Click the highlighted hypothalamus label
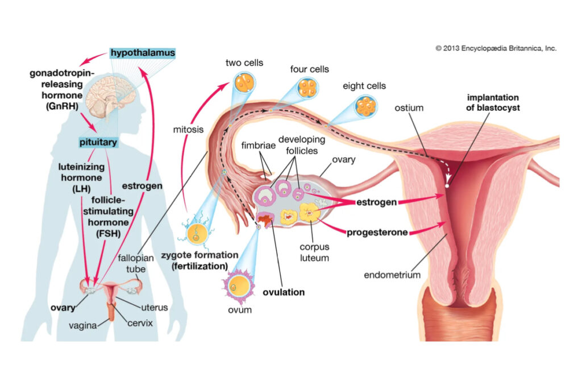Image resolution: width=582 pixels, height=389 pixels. point(143,53)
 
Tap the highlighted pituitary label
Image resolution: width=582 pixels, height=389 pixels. point(98,142)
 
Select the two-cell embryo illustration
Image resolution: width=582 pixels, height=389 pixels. point(244,83)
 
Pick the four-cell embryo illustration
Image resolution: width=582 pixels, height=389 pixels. point(307,88)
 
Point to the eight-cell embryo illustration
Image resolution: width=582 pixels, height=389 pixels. point(366,106)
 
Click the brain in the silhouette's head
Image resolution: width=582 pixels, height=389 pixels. point(110,97)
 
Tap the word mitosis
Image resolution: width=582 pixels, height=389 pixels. point(188,130)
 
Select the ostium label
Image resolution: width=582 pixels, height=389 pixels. point(409,107)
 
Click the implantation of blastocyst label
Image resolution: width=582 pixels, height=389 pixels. point(493,102)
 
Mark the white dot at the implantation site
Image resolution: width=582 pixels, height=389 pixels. point(447,185)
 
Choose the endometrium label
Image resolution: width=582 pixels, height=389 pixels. point(392,275)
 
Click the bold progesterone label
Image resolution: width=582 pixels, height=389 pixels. point(377,233)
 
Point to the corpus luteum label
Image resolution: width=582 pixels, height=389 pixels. point(314,253)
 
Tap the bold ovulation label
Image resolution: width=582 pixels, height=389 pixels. point(284,292)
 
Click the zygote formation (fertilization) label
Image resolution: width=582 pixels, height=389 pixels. point(199,260)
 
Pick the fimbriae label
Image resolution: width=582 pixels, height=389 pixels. point(259,145)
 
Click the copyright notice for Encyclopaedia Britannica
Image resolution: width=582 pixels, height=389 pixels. point(496,48)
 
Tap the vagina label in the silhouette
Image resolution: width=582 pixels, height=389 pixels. point(83,325)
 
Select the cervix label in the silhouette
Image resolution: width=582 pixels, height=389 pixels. point(140,323)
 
